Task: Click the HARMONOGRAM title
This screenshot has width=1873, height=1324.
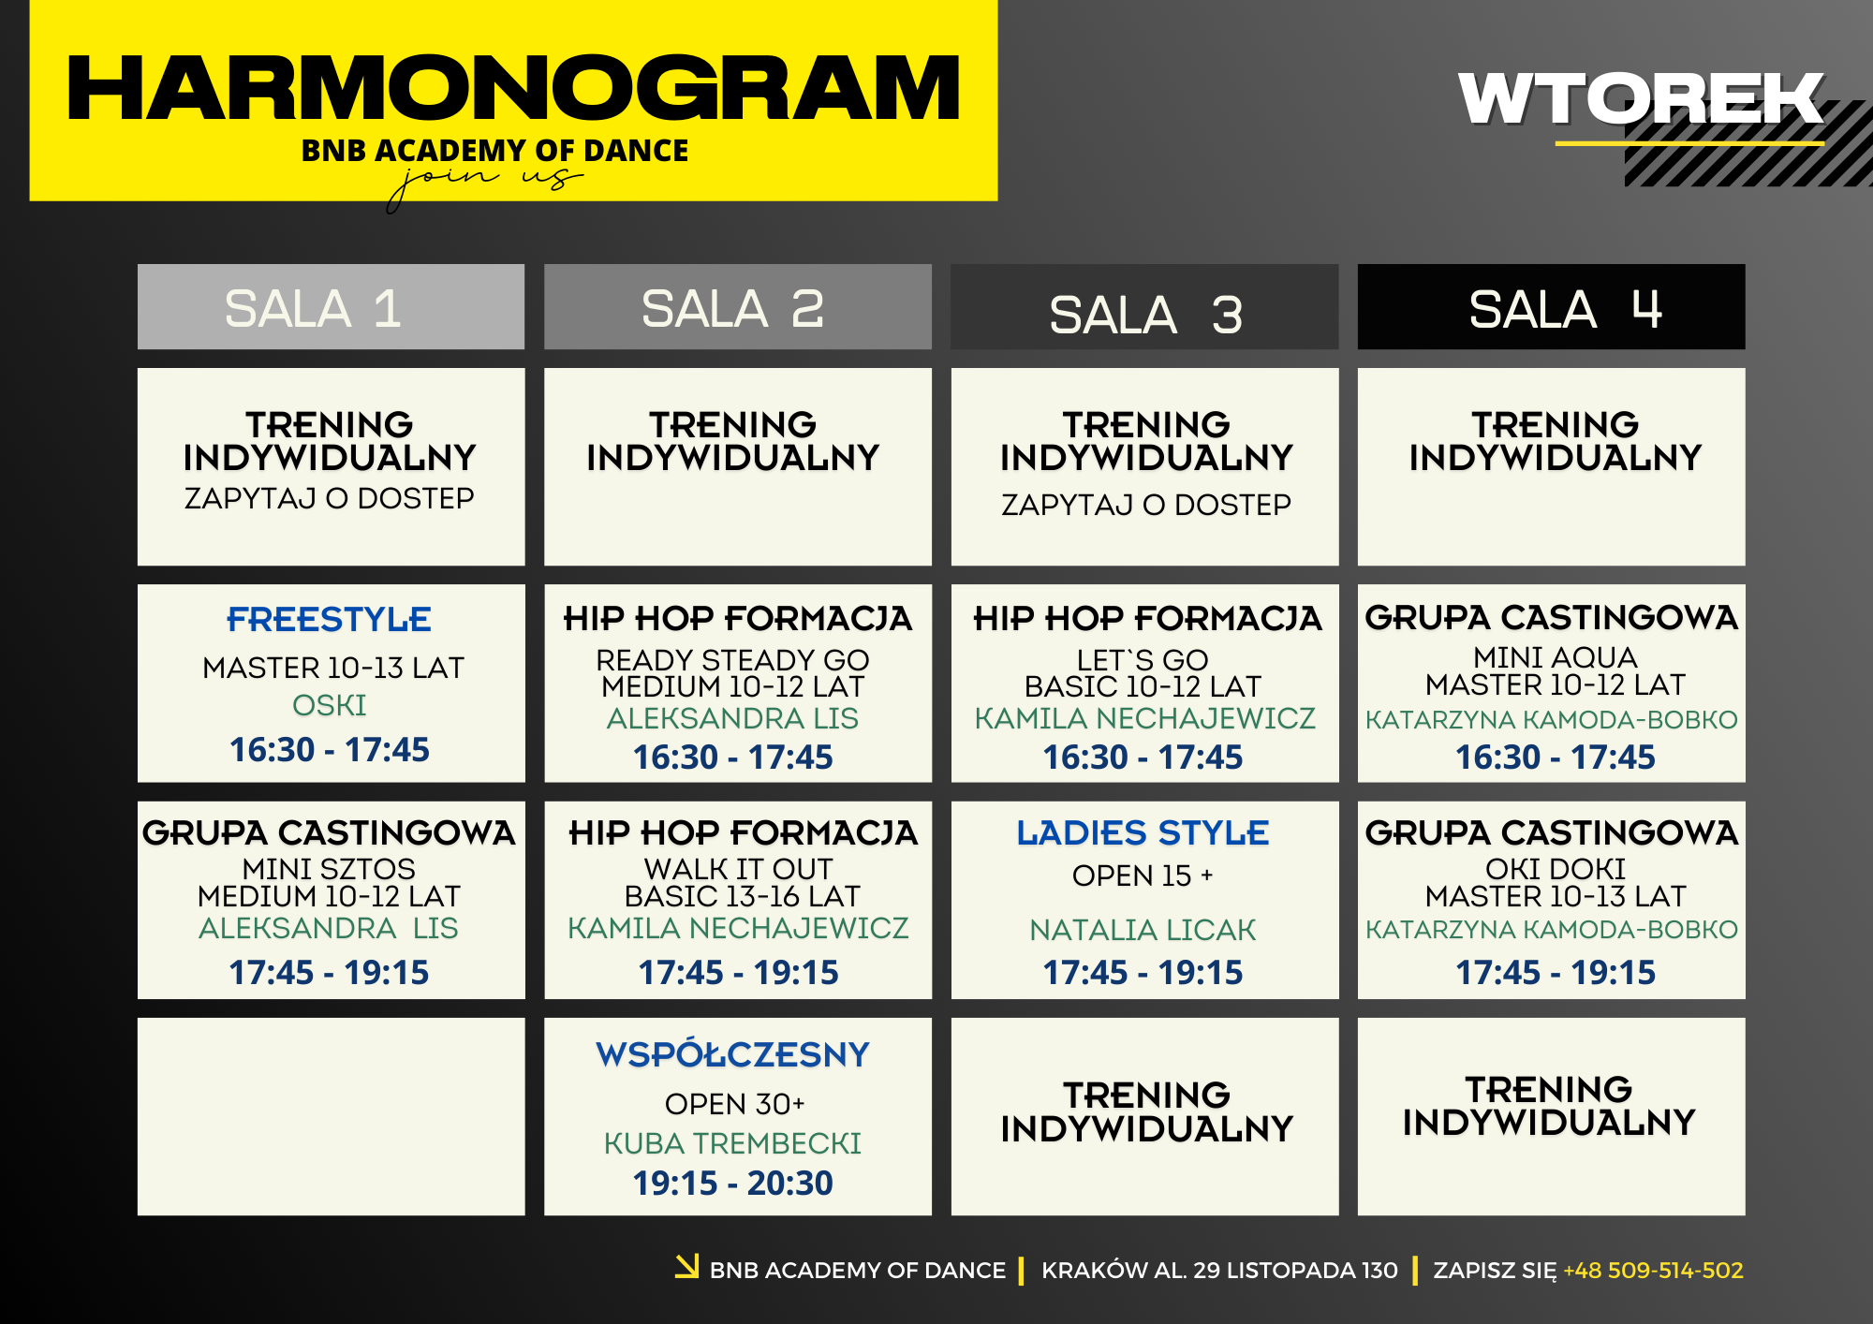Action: (513, 88)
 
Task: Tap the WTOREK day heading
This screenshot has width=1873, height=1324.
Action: (1641, 98)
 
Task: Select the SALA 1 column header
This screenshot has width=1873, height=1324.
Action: (313, 309)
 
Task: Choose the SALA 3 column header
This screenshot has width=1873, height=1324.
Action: (1145, 315)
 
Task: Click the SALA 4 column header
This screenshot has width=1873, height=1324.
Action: (1565, 309)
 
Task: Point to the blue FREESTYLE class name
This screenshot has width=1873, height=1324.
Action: (330, 619)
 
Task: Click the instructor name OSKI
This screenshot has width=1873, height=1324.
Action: (330, 705)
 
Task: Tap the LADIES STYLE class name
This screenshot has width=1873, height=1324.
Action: (1143, 832)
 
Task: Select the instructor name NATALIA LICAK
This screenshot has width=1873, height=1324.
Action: (1143, 930)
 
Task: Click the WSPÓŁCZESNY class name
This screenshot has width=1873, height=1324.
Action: (733, 1054)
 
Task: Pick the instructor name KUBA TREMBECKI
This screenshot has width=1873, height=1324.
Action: (733, 1143)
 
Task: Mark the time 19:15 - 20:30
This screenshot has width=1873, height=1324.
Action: (733, 1184)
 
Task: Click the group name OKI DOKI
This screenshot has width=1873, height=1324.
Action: (1556, 869)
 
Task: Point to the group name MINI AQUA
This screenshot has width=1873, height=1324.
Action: (1556, 657)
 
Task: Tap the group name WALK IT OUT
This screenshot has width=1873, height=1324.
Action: (739, 869)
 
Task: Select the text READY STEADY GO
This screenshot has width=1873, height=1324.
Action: (733, 660)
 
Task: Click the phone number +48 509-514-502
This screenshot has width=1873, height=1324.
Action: (1653, 1271)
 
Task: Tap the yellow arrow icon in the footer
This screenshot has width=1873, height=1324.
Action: (687, 1266)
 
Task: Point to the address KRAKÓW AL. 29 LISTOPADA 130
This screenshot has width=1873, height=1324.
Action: (1219, 1271)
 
